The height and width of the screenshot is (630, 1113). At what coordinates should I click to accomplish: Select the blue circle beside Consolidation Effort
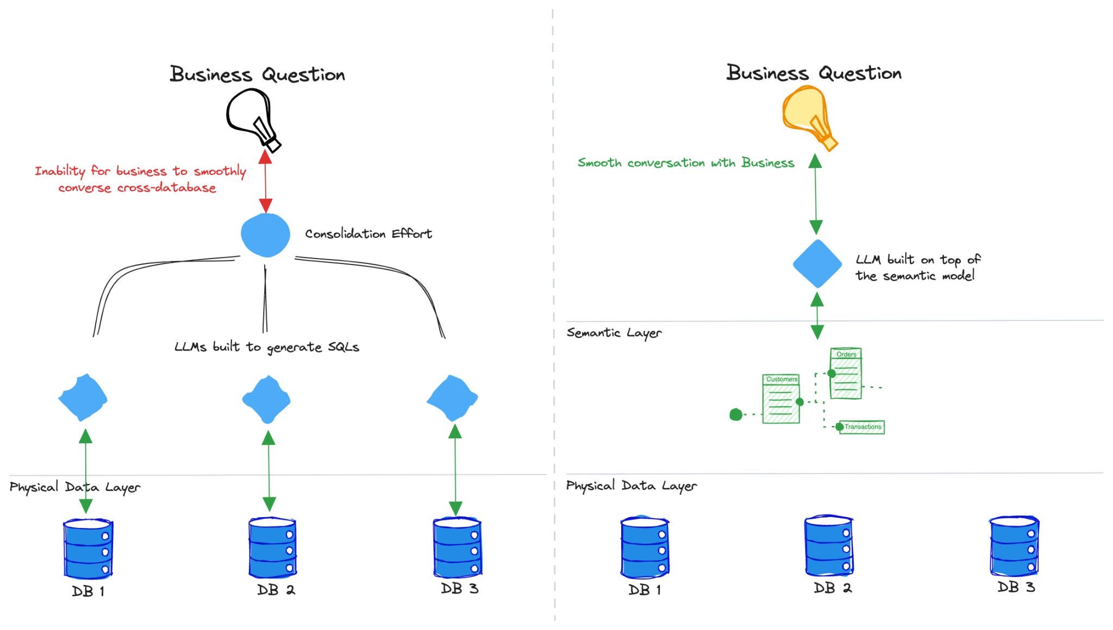point(265,235)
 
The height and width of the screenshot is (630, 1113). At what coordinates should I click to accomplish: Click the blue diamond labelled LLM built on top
point(817,263)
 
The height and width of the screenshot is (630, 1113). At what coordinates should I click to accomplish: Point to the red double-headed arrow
point(265,181)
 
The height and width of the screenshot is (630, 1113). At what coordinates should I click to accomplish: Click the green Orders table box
point(846,374)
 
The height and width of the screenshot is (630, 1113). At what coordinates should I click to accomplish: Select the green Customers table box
point(781,398)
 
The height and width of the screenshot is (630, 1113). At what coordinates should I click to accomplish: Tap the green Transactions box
point(862,427)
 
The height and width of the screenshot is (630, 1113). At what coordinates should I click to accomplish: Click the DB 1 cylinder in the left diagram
point(88,549)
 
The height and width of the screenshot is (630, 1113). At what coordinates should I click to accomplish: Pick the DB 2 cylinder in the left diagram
point(272,547)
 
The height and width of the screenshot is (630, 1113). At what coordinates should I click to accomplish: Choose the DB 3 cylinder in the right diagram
point(1014,546)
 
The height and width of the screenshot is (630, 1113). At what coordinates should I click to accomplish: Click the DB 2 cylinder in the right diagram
point(829,546)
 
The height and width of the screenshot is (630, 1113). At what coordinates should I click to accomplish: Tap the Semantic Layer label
point(614,332)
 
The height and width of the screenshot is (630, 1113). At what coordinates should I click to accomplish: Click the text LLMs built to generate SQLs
point(267,347)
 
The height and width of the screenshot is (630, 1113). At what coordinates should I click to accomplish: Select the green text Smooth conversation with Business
point(686,162)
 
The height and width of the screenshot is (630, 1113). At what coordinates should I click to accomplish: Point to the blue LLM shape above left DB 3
point(452,398)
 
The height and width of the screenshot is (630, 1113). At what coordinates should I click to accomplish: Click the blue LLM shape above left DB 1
point(83,398)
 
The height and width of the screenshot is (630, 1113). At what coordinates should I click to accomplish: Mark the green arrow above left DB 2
point(268,471)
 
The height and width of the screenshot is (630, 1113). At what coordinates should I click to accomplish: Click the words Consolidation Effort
point(368,234)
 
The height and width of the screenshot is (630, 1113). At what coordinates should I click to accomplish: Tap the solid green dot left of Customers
point(736,415)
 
